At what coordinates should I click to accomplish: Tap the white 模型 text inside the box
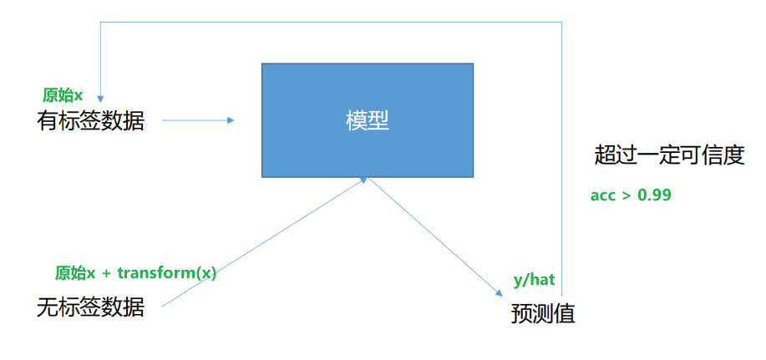tap(368, 121)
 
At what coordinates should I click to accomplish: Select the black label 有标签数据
tap(90, 121)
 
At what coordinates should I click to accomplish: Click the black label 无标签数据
tap(90, 307)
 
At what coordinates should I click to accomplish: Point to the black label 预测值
tap(543, 314)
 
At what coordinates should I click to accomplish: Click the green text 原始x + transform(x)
tap(135, 273)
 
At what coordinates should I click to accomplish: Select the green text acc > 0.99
tap(631, 195)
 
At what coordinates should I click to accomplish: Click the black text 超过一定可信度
tap(669, 155)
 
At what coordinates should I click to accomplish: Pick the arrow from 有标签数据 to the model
tap(197, 120)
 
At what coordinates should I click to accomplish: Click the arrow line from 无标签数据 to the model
tap(259, 243)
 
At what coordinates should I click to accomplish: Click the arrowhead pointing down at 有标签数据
tap(99, 94)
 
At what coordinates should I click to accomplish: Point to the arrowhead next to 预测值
tap(495, 292)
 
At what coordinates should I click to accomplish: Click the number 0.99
tap(655, 195)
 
